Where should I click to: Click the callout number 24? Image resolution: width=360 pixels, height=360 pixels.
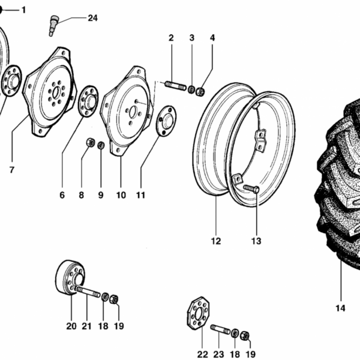coord(92,18)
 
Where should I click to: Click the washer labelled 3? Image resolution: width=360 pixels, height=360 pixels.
coord(191,90)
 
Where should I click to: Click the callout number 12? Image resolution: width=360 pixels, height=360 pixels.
coord(215,241)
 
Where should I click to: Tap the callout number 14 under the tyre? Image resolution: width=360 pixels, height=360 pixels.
coord(340,308)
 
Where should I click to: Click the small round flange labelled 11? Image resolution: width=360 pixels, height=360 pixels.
coord(165,121)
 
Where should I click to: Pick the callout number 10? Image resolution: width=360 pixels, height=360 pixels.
coord(121,195)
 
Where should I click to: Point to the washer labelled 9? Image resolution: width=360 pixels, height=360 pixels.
coord(101,145)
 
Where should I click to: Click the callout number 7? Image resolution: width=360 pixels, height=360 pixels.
coord(11,170)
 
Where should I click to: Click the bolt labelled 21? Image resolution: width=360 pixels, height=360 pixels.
coord(88,293)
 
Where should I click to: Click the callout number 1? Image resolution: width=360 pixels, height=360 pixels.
coord(24,10)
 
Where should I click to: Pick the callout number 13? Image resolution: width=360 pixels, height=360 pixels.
coord(256,241)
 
